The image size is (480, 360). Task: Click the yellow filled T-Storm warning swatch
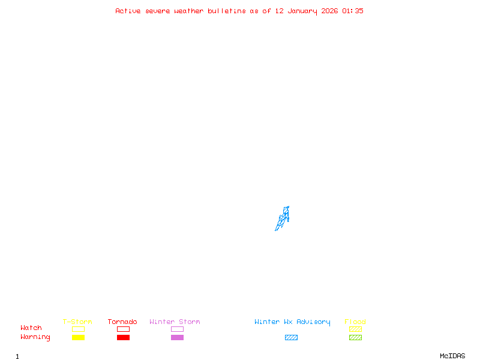(78, 338)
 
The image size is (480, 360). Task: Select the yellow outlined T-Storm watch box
(78, 329)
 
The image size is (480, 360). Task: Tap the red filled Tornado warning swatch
(123, 338)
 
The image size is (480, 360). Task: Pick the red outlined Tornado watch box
(123, 329)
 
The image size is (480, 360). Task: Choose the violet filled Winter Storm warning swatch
(177, 338)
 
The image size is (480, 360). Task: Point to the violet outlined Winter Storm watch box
(177, 329)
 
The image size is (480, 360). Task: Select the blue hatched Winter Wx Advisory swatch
(291, 338)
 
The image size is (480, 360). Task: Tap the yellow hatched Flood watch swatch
(355, 329)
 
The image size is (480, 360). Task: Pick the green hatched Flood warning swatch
(355, 338)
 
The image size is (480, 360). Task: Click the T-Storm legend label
(77, 322)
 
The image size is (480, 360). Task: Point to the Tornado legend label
(122, 322)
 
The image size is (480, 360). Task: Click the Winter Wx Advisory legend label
(292, 322)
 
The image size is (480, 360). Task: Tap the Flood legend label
(355, 322)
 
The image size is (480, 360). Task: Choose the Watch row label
(31, 328)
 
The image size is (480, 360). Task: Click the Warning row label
(35, 337)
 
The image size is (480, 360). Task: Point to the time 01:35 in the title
(353, 11)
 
